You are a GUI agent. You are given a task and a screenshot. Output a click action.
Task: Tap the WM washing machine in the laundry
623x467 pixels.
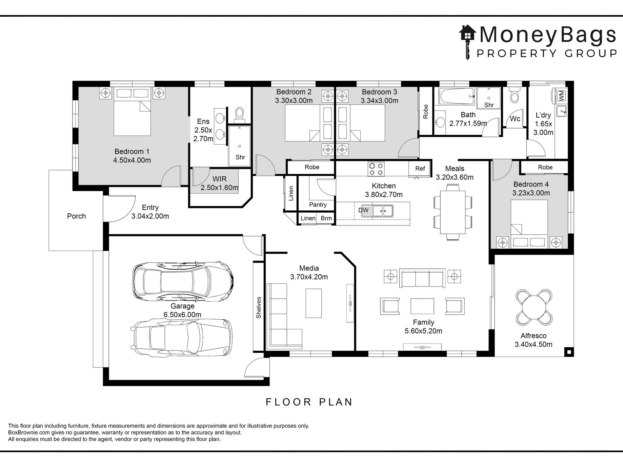pos(561,95)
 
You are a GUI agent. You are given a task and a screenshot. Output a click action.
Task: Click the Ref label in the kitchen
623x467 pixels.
pos(420,168)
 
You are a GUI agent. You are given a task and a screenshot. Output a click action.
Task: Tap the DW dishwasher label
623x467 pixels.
pos(363,210)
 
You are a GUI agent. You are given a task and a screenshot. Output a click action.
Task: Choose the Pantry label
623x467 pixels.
pos(318,205)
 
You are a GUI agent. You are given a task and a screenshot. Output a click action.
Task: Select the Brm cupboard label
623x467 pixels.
pos(326,218)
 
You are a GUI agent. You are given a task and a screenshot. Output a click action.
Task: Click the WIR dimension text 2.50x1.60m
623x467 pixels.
pos(219,188)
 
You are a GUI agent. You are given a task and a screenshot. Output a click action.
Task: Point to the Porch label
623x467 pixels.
pos(76,216)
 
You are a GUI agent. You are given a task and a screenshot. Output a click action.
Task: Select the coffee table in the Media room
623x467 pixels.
pos(313,303)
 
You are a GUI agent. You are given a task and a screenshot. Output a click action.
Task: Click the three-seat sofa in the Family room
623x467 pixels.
pos(422,278)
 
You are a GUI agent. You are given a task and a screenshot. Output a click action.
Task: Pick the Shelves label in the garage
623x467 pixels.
pos(259,307)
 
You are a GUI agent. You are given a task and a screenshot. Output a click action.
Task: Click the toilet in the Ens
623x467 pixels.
pos(240,114)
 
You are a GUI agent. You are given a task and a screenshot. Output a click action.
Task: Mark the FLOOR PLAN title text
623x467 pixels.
pos(309,402)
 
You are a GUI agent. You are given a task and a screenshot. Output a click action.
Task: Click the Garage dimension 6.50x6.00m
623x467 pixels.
pos(182,315)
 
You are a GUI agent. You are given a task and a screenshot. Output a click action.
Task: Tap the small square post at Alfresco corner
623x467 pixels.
pos(569,352)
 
